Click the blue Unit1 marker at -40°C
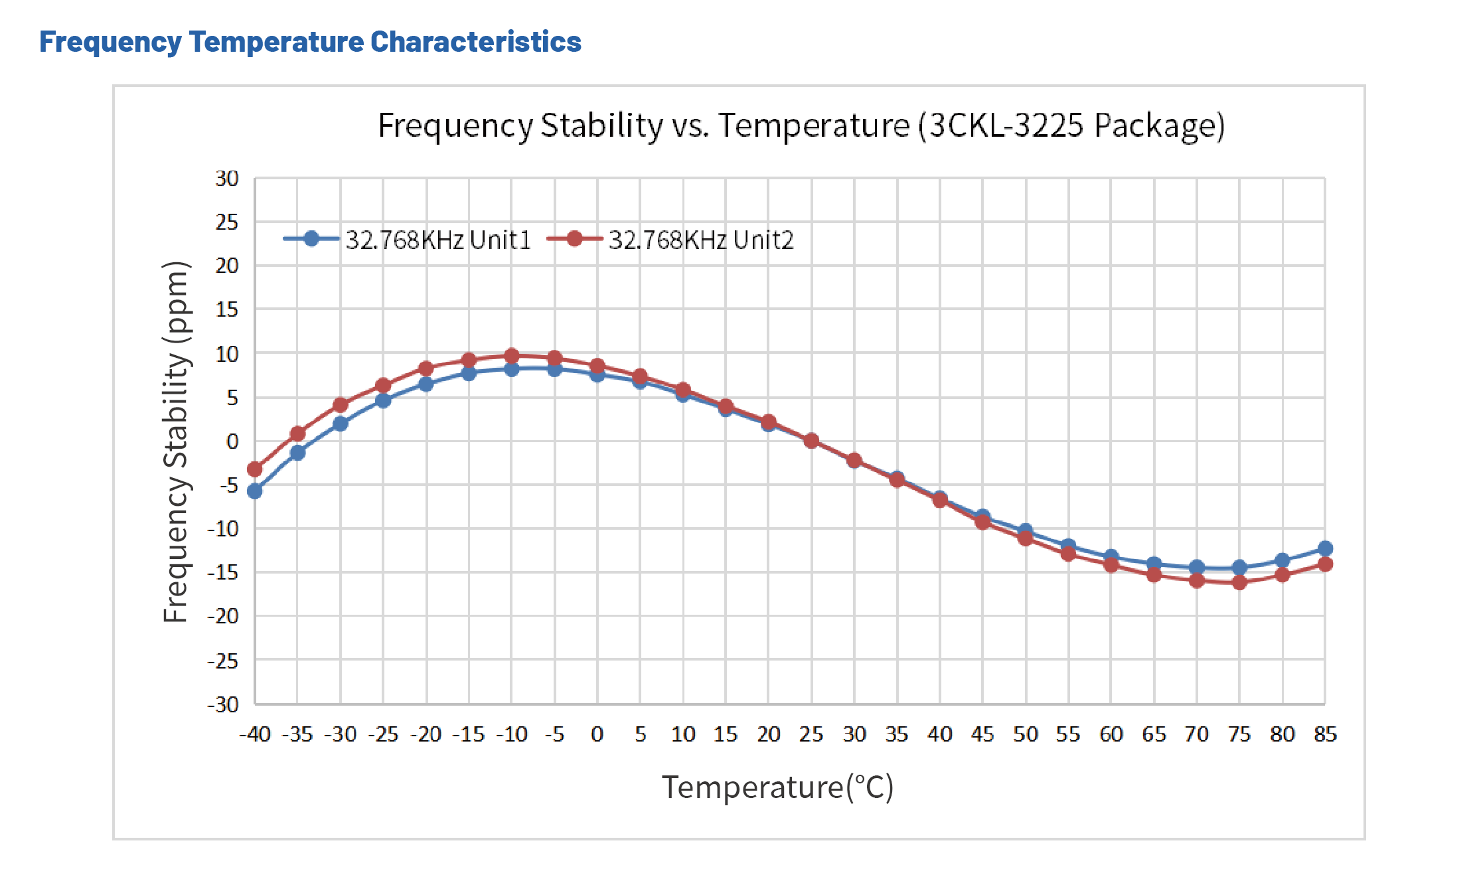tap(255, 491)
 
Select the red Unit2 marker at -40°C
tap(255, 469)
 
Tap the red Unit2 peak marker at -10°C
tap(512, 356)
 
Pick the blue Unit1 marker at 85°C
tap(1325, 548)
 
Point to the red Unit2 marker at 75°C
tap(1239, 582)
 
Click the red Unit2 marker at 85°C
tap(1325, 564)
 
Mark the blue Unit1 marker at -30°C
tap(341, 424)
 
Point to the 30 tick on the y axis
tap(227, 179)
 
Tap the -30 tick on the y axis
tap(223, 704)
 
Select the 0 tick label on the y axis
tap(232, 441)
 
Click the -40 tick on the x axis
tap(255, 734)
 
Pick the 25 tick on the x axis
tap(811, 734)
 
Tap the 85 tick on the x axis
tap(1325, 734)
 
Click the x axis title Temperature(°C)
tap(777, 787)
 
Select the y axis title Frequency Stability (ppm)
tap(177, 441)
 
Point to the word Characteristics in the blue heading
tap(475, 42)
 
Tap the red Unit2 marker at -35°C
tap(297, 434)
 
